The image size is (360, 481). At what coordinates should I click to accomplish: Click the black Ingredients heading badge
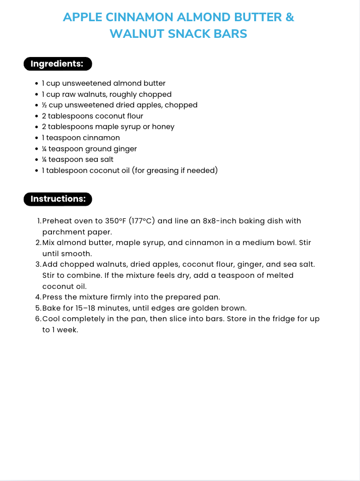pyautogui.click(x=57, y=64)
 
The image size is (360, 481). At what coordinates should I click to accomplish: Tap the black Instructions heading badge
pyautogui.click(x=58, y=199)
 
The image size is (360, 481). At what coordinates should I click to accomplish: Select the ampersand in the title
pyautogui.click(x=289, y=17)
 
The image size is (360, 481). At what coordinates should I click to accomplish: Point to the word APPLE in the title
pyautogui.click(x=83, y=17)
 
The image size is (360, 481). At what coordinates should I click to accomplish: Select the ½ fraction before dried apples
pyautogui.click(x=44, y=105)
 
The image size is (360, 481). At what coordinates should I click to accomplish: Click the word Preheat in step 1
pyautogui.click(x=58, y=221)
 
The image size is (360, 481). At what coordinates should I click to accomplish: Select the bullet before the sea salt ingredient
pyautogui.click(x=37, y=160)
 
